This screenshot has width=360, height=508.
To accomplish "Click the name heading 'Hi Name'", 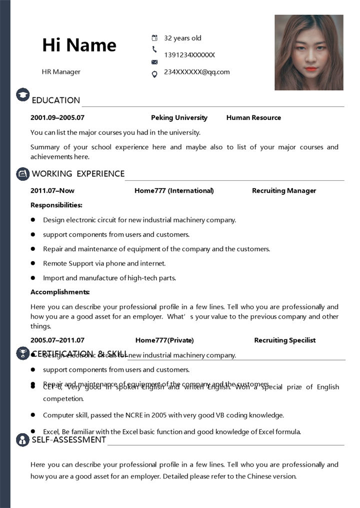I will point(79,45).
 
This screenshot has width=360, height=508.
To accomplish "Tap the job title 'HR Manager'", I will point(61,71).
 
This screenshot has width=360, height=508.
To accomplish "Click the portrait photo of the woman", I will point(308,52).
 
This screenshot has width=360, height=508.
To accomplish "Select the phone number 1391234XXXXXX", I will point(189,55).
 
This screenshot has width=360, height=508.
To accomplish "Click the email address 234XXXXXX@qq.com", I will point(196,71).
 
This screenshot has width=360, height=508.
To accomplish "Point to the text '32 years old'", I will point(182,38).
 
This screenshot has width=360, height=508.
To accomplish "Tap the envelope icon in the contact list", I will point(154,62).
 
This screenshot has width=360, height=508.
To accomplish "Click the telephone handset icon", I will point(154,49).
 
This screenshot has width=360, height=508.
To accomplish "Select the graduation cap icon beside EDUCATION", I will point(22,94).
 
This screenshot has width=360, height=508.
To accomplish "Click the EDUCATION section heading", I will point(55,100).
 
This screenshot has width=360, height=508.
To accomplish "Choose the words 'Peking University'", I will point(179,117).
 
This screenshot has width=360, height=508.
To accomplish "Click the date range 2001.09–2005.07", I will point(57,117).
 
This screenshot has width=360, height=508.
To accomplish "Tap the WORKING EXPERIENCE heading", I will point(78,173).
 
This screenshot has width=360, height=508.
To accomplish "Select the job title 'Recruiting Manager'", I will point(284,190).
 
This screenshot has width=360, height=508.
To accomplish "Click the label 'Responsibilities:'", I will point(56,205).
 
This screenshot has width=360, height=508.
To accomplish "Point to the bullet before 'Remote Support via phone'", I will point(33,263).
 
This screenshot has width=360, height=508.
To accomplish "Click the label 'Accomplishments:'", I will point(60,292).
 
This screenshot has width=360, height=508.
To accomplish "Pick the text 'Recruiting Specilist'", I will point(285,340).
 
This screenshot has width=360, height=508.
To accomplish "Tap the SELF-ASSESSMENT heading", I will point(69,440).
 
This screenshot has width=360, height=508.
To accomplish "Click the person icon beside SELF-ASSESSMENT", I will point(22,440).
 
